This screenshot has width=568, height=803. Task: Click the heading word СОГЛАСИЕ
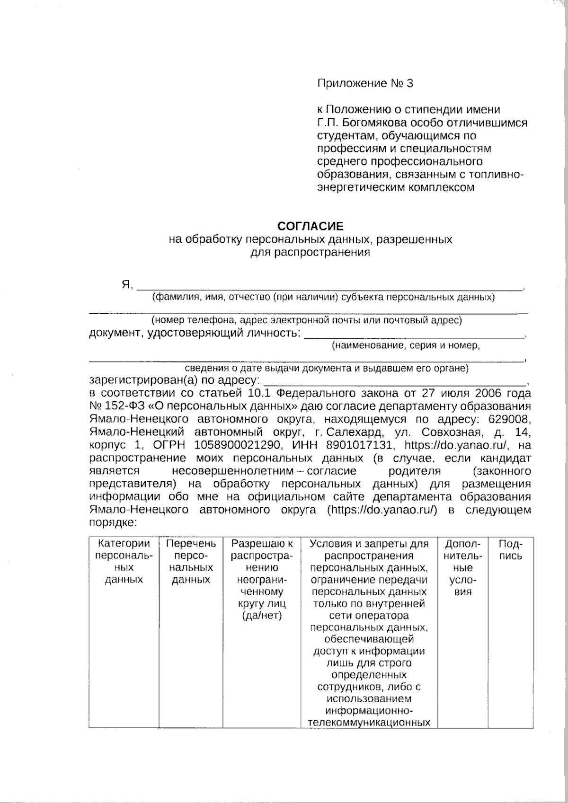tap(310, 226)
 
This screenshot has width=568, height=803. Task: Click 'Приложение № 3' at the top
tap(365, 84)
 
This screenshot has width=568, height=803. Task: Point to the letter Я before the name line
tap(126, 285)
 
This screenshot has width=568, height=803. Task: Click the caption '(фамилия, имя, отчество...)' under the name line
tap(323, 298)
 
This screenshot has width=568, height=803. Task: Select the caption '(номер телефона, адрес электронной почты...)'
tap(310, 320)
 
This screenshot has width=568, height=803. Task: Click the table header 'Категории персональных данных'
tap(124, 561)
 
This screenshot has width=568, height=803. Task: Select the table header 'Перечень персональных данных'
tap(191, 561)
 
